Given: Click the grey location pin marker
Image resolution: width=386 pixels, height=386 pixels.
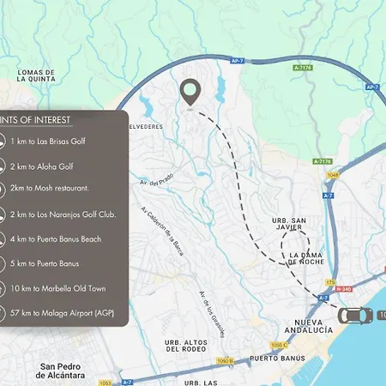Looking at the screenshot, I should [x=190, y=91].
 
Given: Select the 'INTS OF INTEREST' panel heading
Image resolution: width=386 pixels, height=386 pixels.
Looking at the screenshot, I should [x=36, y=119].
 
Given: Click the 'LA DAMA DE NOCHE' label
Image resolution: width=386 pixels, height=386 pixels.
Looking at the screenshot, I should [x=311, y=261].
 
